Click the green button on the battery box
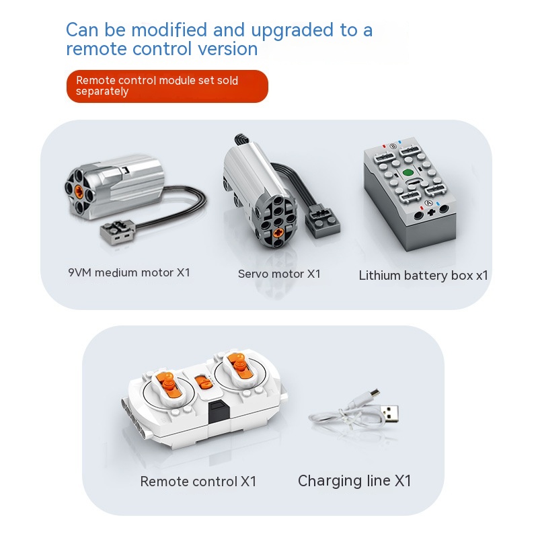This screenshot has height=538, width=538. click(408, 173)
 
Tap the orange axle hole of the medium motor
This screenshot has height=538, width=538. click(79, 190)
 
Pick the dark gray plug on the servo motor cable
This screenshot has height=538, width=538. click(322, 221)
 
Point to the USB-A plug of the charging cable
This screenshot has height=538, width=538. click(390, 414)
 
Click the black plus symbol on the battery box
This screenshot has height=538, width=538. click(431, 213)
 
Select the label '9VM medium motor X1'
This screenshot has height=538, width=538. click(129, 272)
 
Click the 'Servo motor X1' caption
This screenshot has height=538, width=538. click(279, 274)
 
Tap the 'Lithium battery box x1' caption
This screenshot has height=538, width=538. click(423, 276)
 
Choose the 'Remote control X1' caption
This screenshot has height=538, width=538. click(198, 482)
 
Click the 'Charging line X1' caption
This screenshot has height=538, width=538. click(354, 481)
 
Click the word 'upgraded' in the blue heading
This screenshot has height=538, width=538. click(292, 31)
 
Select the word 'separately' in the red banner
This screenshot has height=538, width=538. click(102, 91)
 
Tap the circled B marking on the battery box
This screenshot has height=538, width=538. click(393, 146)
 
